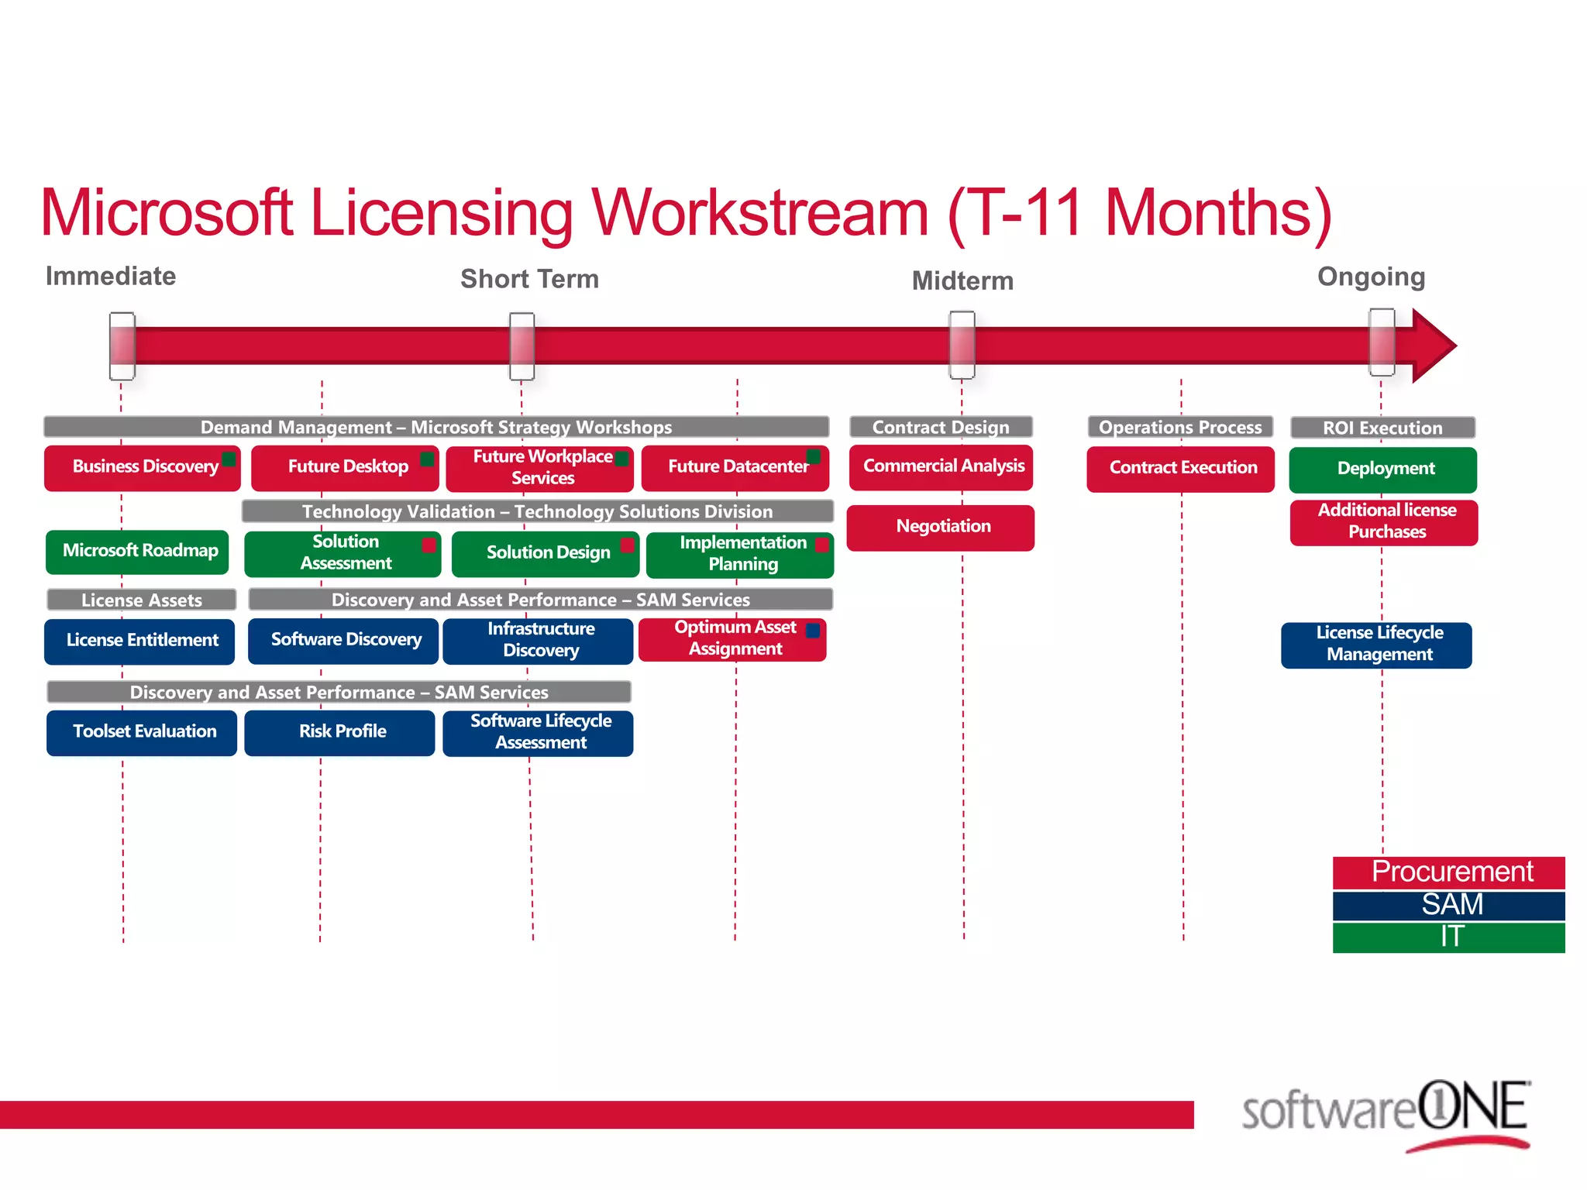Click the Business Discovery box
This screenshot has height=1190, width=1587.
point(143,467)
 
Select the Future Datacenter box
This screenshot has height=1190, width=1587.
point(735,467)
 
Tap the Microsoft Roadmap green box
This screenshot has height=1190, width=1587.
point(137,552)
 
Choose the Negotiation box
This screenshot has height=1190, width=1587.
point(941,528)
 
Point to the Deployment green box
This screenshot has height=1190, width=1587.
point(1383,469)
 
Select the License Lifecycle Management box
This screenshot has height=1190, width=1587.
point(1377,645)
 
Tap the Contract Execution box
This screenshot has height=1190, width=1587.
point(1180,469)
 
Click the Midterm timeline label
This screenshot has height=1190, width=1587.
point(962,280)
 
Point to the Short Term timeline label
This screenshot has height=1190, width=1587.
point(529,279)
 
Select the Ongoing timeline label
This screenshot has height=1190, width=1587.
point(1371,277)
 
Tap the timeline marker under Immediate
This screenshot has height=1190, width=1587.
point(122,346)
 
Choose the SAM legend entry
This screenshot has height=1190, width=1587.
point(1449,905)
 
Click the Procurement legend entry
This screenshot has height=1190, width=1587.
point(1449,872)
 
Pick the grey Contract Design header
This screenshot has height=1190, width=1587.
point(941,427)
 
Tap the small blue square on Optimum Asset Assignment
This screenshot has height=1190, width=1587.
point(813,630)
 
